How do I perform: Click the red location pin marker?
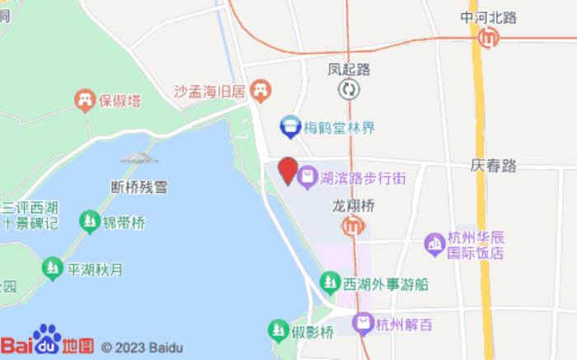287,171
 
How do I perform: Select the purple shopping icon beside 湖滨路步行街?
307,175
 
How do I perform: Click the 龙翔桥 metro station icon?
354,224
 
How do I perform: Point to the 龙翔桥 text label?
354,204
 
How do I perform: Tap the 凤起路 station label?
349,69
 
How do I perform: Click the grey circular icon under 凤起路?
349,89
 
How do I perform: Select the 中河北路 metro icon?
489,37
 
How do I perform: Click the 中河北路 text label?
488,16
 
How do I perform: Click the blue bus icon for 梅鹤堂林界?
289,127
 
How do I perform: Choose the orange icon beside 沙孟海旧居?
260,89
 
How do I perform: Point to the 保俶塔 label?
120,101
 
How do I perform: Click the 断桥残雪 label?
138,187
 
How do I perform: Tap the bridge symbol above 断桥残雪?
138,157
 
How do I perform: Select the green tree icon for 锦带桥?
89,221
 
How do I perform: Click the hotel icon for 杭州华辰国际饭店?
434,244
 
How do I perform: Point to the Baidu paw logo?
47,337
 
